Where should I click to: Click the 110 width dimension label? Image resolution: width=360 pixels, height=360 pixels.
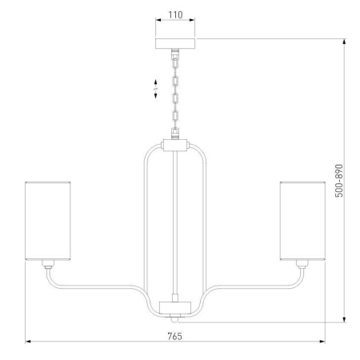coord(175,14)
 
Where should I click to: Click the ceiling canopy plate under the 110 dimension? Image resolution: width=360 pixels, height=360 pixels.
coord(175,42)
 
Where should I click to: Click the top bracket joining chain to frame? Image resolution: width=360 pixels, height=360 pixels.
coord(175,146)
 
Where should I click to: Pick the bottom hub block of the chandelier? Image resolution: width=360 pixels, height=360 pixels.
coord(175,306)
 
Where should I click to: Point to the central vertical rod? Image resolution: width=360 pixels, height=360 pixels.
coord(175,224)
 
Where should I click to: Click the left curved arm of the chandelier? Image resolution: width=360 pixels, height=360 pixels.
coord(96,286)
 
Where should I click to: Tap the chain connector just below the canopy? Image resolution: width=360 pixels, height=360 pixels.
coord(175,54)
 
